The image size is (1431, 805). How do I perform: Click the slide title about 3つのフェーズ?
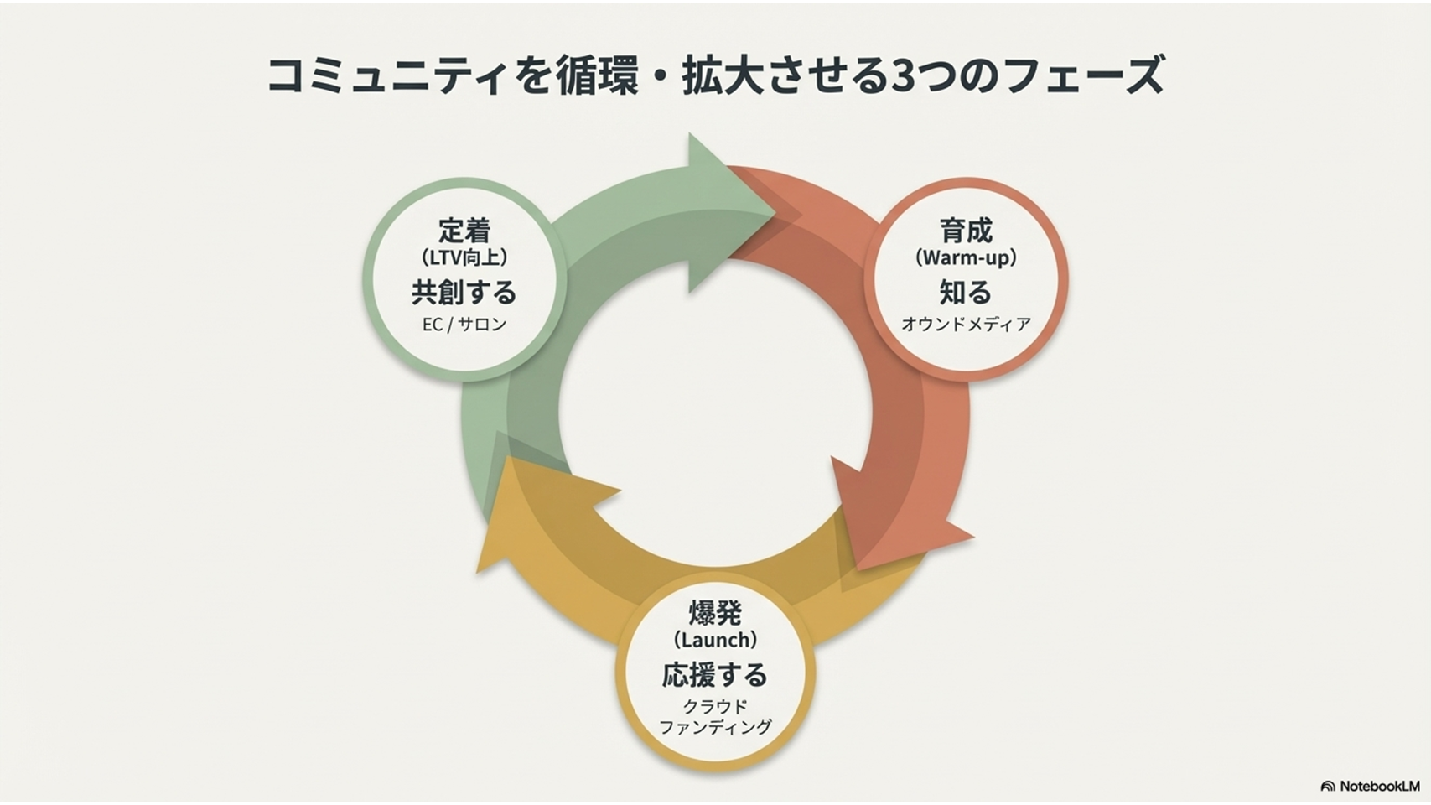(715, 75)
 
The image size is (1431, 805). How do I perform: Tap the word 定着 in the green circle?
(464, 230)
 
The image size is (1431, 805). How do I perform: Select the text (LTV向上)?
(464, 257)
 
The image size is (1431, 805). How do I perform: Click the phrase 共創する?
(464, 292)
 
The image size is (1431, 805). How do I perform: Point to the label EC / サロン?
(464, 324)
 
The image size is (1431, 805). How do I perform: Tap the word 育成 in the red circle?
(966, 230)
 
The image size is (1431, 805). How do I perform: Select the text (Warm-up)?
(966, 257)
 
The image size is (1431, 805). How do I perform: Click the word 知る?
(966, 292)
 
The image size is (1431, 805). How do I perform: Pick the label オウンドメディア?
(966, 324)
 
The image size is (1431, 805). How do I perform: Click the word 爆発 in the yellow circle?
(715, 612)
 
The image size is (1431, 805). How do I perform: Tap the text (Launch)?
(715, 640)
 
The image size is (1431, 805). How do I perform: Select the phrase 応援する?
(715, 674)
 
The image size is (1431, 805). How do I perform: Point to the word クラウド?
(715, 706)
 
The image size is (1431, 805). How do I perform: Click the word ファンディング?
(715, 727)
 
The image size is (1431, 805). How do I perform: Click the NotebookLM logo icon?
(1327, 787)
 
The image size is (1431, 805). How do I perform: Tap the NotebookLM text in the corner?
(1379, 787)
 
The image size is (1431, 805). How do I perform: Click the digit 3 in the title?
(901, 75)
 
